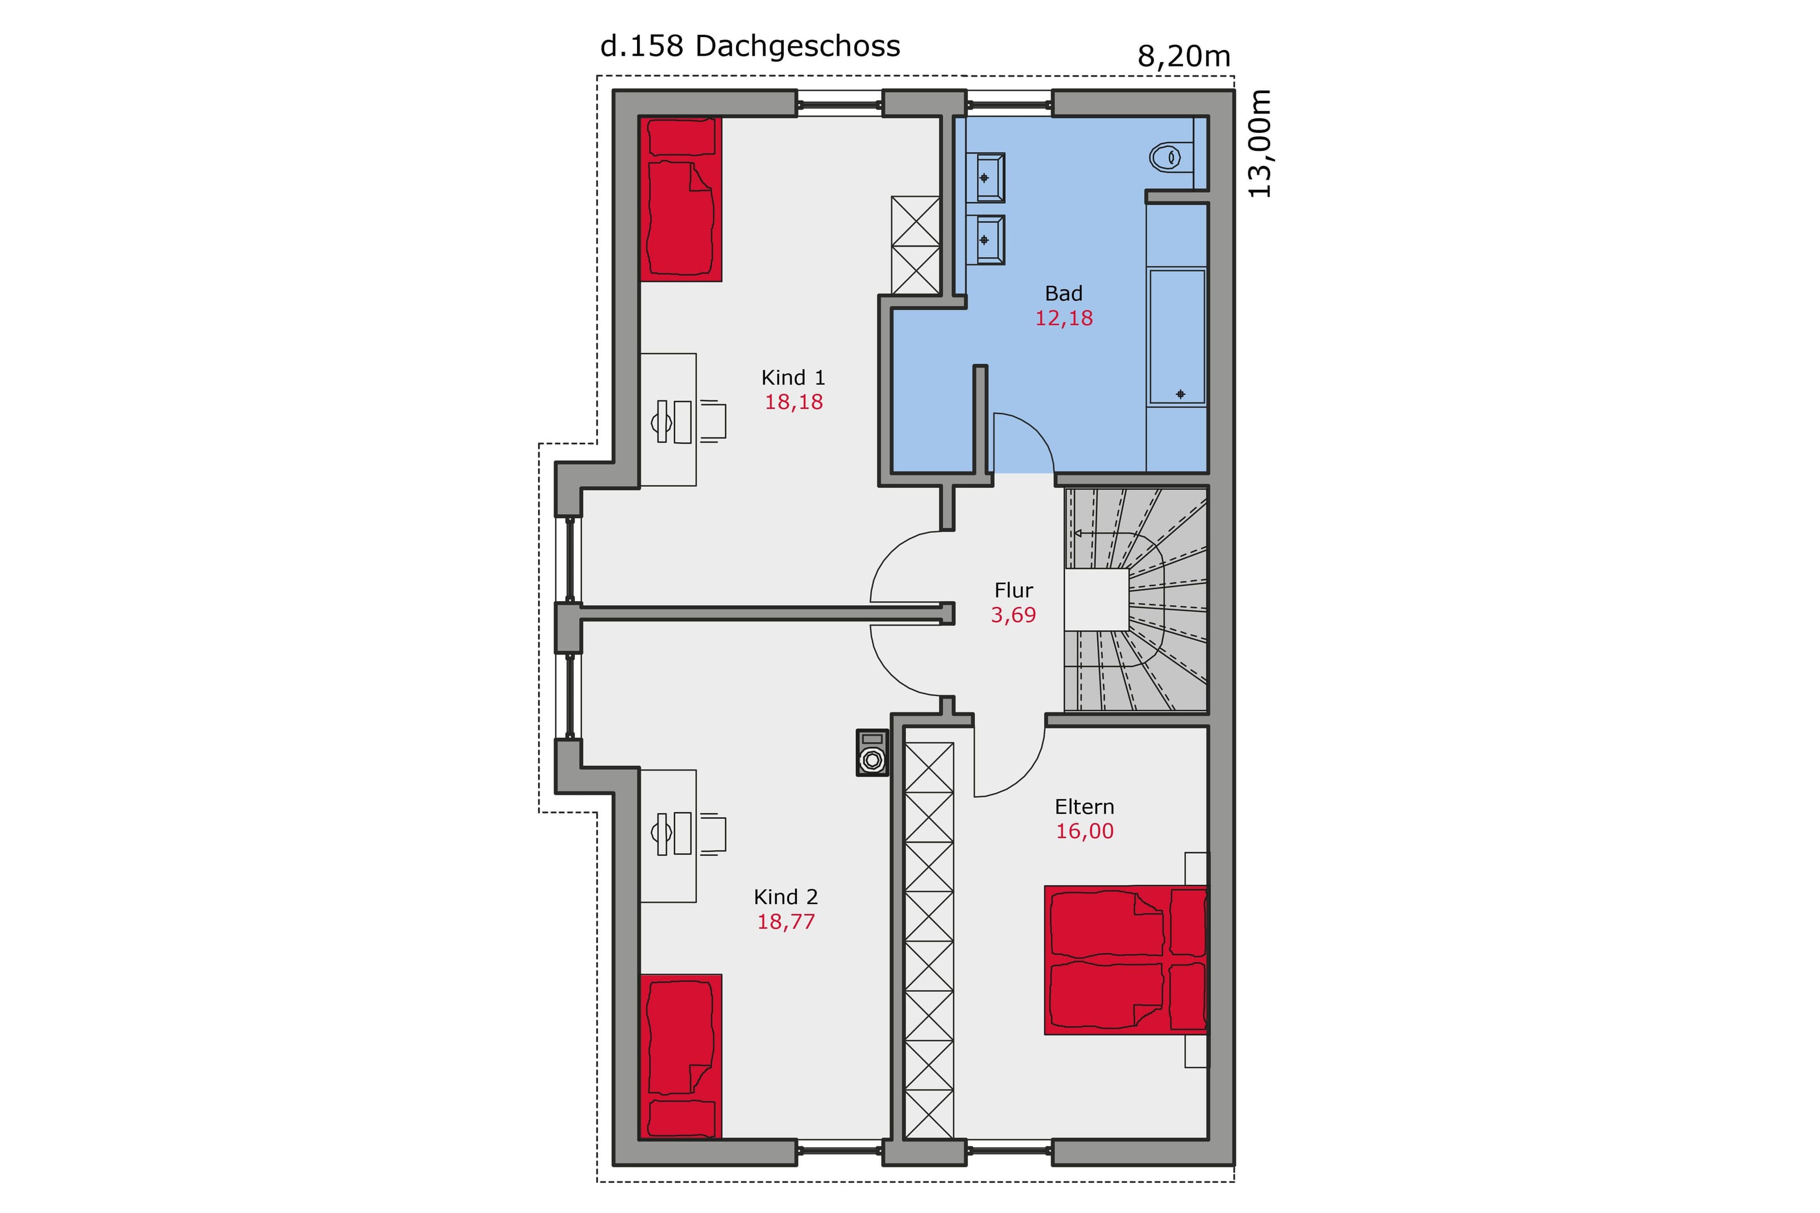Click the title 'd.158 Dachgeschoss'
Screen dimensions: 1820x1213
click(750, 47)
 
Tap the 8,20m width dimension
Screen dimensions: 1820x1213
click(1184, 56)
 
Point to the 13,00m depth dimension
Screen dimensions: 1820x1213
click(1260, 144)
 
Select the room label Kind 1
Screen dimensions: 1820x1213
click(793, 378)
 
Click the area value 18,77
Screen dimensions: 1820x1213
click(786, 921)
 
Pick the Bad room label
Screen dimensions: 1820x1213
click(1064, 293)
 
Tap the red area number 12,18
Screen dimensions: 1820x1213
click(1064, 318)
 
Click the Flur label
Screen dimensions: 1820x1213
click(1014, 590)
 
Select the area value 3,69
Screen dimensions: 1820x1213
click(1014, 615)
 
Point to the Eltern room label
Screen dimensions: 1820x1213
click(1085, 807)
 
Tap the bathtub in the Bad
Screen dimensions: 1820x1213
click(1177, 337)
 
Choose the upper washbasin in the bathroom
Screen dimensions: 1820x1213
click(985, 178)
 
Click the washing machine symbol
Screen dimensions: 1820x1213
click(872, 752)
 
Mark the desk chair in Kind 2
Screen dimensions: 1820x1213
click(713, 833)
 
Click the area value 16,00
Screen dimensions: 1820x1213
click(1085, 831)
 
